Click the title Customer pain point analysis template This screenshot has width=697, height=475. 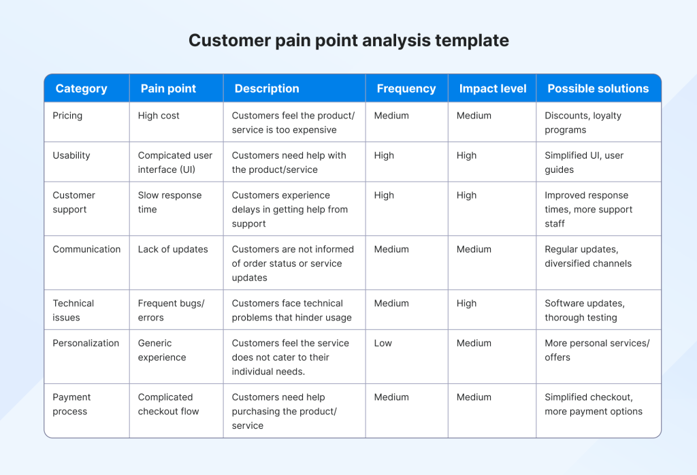[348, 40]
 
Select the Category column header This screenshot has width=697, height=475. [81, 88]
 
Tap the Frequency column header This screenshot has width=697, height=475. [406, 88]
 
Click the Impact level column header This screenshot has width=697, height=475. [492, 88]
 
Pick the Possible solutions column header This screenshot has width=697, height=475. [598, 88]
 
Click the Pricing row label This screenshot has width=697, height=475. [67, 116]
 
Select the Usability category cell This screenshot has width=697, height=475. [71, 155]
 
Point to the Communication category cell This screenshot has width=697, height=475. [86, 249]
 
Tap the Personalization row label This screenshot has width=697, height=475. [86, 343]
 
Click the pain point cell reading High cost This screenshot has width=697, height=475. [159, 116]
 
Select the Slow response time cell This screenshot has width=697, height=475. [169, 202]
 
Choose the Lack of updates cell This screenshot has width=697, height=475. [173, 249]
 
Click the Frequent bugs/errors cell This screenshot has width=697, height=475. [171, 310]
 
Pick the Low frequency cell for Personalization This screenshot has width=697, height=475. [383, 343]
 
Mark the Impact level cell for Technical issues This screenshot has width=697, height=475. [466, 304]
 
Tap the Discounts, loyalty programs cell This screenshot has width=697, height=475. [583, 122]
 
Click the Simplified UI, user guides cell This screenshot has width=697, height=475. [583, 162]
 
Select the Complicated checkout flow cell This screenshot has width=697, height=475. [168, 404]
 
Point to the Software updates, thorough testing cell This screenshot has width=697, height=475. [584, 310]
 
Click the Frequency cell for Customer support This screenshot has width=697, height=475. [384, 195]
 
